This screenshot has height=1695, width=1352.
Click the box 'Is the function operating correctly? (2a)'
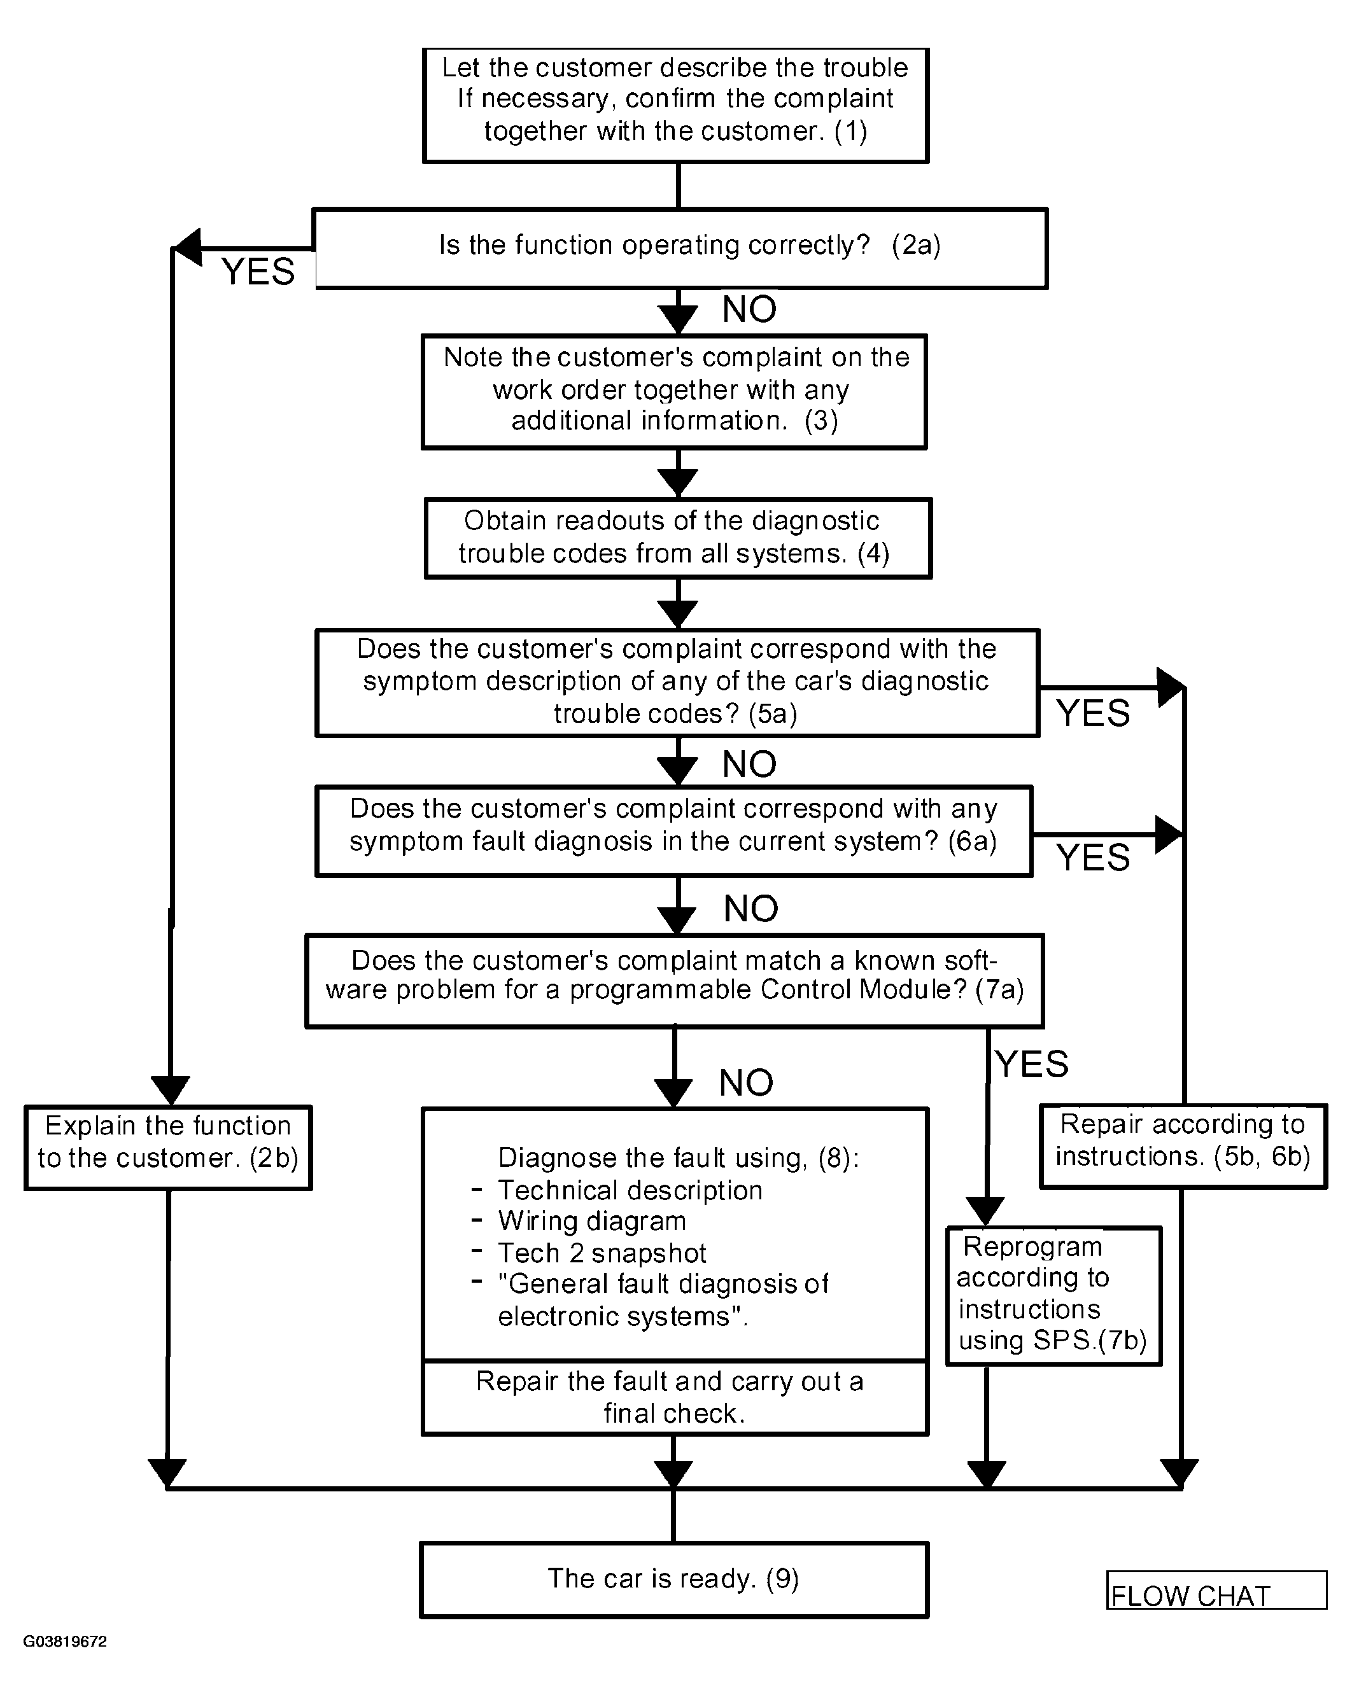pyautogui.click(x=680, y=248)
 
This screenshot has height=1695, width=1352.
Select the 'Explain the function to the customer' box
pyautogui.click(x=168, y=1147)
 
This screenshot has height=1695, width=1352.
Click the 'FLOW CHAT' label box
pyautogui.click(x=1216, y=1589)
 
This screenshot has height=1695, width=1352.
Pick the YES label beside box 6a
pyautogui.click(x=1092, y=857)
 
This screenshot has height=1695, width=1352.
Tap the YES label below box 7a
pyautogui.click(x=1032, y=1064)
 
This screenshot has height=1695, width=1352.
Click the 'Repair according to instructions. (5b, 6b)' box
pyautogui.click(x=1183, y=1145)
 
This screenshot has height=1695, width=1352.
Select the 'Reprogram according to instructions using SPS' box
pyautogui.click(x=1053, y=1295)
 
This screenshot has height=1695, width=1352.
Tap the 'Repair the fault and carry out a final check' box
pyautogui.click(x=675, y=1398)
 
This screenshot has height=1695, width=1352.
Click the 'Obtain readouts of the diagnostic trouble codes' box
pyautogui.click(x=678, y=538)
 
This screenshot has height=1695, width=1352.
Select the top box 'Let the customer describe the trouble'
pyautogui.click(x=675, y=106)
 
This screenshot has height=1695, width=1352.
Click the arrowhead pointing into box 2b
pyautogui.click(x=170, y=1091)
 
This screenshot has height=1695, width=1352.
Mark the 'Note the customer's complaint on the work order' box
pyautogui.click(x=674, y=391)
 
